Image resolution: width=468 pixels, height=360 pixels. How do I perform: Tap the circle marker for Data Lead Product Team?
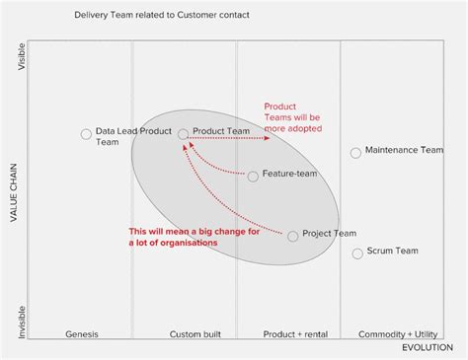[86, 133]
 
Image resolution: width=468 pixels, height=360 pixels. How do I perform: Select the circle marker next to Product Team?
[183, 133]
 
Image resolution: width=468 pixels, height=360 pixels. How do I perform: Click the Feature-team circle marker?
[253, 177]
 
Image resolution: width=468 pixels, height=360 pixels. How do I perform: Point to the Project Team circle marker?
[292, 236]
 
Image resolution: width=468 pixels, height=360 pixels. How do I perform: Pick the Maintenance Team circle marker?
[355, 153]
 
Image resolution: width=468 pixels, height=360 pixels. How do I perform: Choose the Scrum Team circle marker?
[357, 253]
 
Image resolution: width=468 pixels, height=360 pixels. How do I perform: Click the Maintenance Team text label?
[404, 151]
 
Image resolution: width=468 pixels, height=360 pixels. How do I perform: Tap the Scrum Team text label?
[392, 252]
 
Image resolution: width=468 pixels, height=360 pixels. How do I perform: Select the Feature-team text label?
[289, 174]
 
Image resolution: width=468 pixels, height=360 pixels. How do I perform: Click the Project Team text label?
[329, 233]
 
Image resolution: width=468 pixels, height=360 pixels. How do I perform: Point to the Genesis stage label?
[82, 334]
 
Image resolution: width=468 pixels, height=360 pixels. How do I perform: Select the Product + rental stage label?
[295, 334]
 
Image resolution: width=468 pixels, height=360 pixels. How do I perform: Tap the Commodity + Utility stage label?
[396, 334]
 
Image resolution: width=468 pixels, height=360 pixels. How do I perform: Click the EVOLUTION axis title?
[427, 349]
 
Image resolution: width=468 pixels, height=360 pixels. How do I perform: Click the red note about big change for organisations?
[180, 237]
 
